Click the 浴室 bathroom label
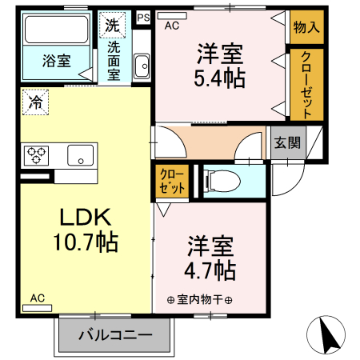click(x=56, y=60)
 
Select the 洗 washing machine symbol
click(x=113, y=25)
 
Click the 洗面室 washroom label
click(x=114, y=59)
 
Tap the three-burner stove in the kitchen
click(x=37, y=154)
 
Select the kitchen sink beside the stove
click(x=81, y=154)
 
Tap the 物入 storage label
click(x=306, y=26)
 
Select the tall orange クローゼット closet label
click(x=306, y=84)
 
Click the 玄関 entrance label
click(x=287, y=143)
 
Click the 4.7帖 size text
click(x=210, y=270)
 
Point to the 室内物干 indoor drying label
click(x=200, y=301)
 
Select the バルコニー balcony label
click(x=115, y=335)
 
